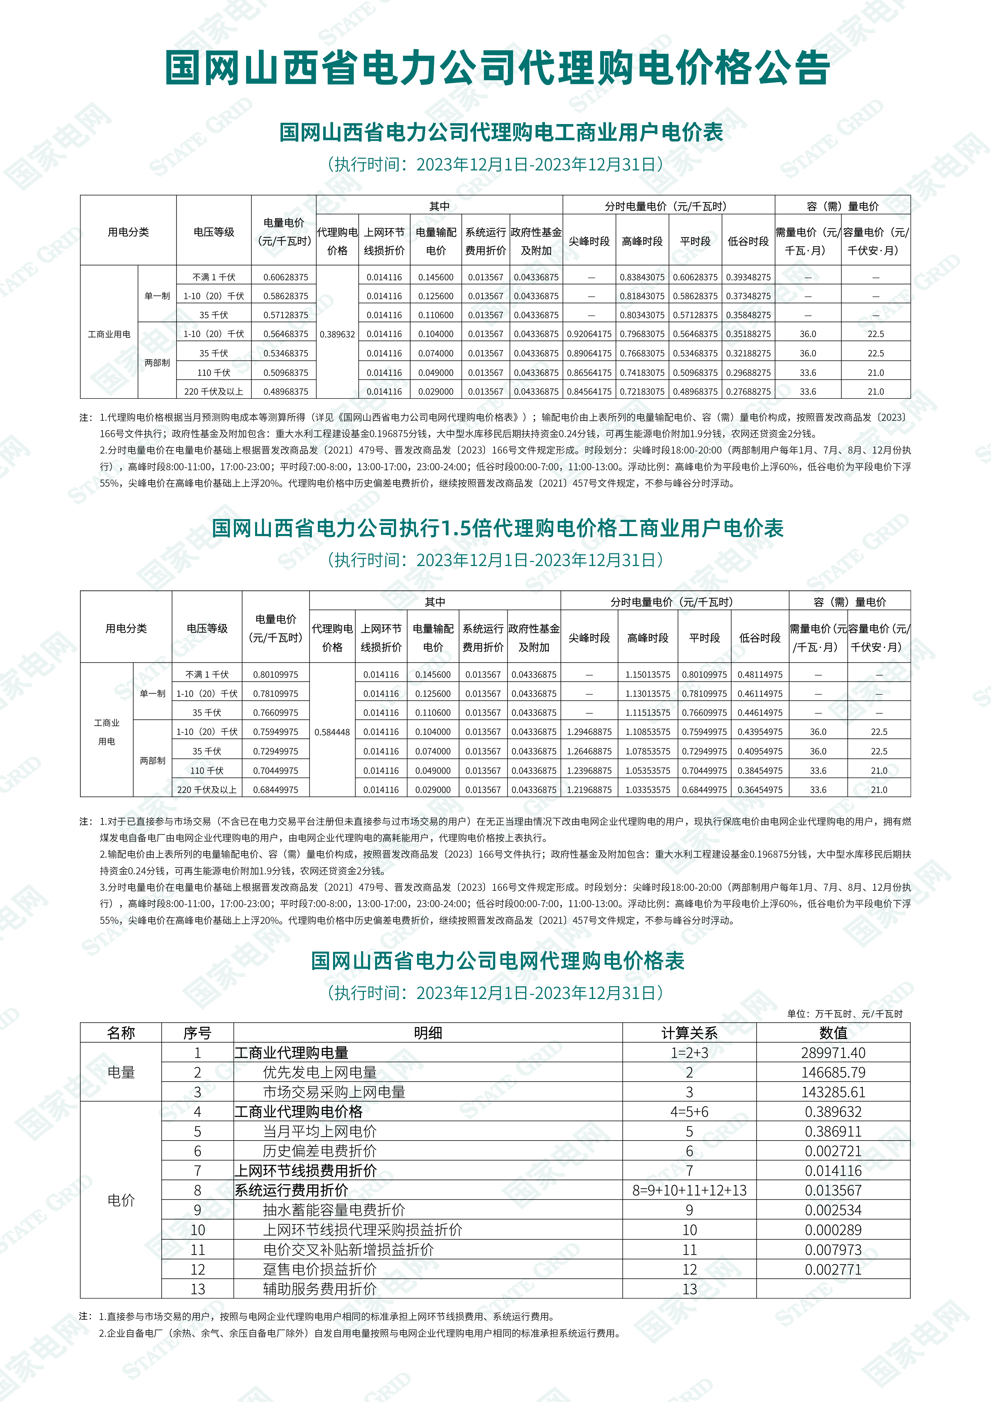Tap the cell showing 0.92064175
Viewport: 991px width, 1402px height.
tap(589, 334)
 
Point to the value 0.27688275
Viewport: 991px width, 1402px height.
tap(748, 391)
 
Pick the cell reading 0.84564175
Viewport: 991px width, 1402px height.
tap(589, 391)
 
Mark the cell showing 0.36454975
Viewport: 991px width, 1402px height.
tap(760, 790)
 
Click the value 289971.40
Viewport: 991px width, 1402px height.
tap(833, 1053)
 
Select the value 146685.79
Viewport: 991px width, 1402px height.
tap(833, 1072)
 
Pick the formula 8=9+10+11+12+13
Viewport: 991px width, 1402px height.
tap(689, 1190)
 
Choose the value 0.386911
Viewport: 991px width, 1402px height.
tap(833, 1132)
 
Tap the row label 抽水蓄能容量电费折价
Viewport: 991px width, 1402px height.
tap(334, 1210)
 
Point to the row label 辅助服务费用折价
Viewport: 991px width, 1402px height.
tap(320, 1289)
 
